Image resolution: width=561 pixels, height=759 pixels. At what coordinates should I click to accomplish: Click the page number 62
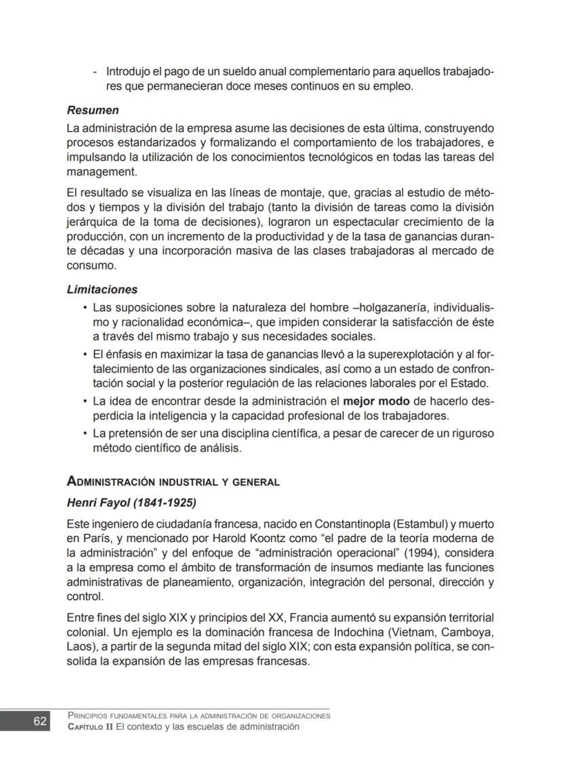[41, 721]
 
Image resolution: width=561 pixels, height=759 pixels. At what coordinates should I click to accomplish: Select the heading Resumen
[93, 109]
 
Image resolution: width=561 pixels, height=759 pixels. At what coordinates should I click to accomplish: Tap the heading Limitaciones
[102, 289]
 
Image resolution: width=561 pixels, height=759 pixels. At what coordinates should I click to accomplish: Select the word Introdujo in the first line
[131, 72]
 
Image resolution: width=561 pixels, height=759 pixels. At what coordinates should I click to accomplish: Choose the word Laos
[79, 648]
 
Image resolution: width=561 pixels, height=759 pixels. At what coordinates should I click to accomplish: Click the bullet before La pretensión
[85, 433]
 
